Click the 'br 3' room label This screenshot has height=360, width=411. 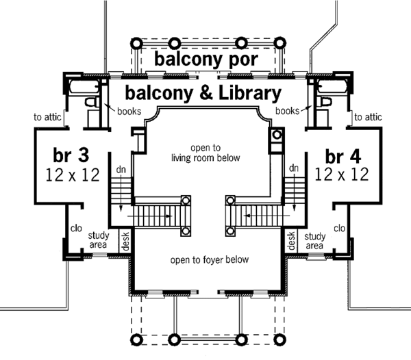tap(70, 152)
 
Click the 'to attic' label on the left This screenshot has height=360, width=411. tap(48, 117)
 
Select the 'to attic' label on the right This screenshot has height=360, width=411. tap(368, 117)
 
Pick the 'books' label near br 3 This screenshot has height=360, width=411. tap(129, 110)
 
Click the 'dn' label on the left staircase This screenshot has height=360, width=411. tap(121, 168)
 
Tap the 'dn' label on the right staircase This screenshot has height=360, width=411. tap(292, 168)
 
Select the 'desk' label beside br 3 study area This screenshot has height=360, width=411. tap(125, 239)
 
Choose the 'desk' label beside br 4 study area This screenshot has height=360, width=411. tap(290, 239)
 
